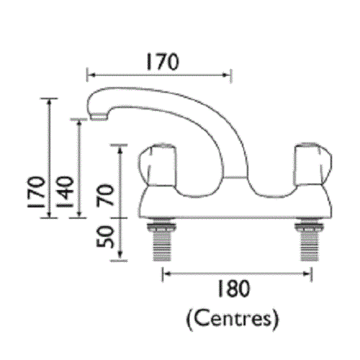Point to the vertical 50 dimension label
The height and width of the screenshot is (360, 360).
[x=107, y=237]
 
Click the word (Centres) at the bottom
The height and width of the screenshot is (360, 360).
[x=232, y=317]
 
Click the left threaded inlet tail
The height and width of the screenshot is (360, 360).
[x=161, y=242]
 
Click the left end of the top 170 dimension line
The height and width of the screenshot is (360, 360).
[x=87, y=73]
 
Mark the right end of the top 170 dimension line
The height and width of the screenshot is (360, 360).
[x=230, y=73]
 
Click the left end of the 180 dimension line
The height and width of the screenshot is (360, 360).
[x=163, y=273]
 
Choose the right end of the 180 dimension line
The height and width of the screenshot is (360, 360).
[x=311, y=273]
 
